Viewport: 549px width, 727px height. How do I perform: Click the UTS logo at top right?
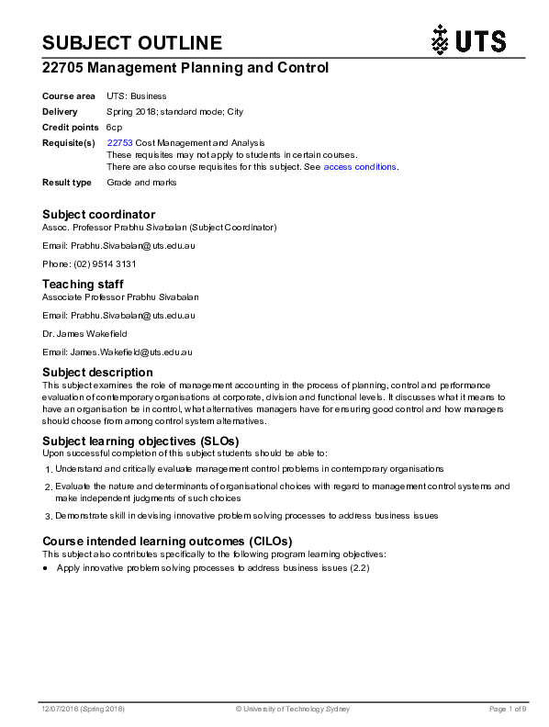467,40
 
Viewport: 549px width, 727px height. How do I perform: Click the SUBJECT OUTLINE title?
132,42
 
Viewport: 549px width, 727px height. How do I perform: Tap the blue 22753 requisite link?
119,142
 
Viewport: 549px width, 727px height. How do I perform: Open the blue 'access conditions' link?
359,167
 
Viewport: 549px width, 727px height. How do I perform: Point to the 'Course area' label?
69,95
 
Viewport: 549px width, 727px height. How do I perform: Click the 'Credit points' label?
70,127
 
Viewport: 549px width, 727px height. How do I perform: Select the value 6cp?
114,127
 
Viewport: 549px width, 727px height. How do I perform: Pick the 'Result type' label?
67,183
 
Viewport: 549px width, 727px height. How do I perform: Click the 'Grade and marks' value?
141,183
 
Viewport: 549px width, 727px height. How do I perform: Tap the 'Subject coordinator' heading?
99,215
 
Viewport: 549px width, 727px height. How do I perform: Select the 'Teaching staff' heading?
83,285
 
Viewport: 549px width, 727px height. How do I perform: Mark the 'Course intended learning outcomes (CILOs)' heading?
167,542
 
